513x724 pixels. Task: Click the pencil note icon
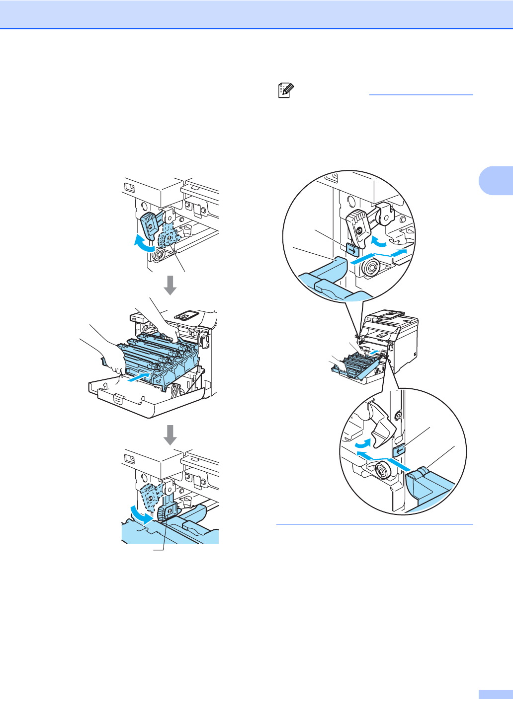tap(286, 90)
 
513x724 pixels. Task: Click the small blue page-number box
tap(495, 694)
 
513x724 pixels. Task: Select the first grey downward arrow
tap(171, 285)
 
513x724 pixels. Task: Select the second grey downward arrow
tap(171, 434)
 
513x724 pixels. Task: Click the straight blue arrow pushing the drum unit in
tap(140, 376)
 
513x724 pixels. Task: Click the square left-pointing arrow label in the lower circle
tap(399, 450)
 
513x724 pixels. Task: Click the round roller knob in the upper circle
tap(370, 268)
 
